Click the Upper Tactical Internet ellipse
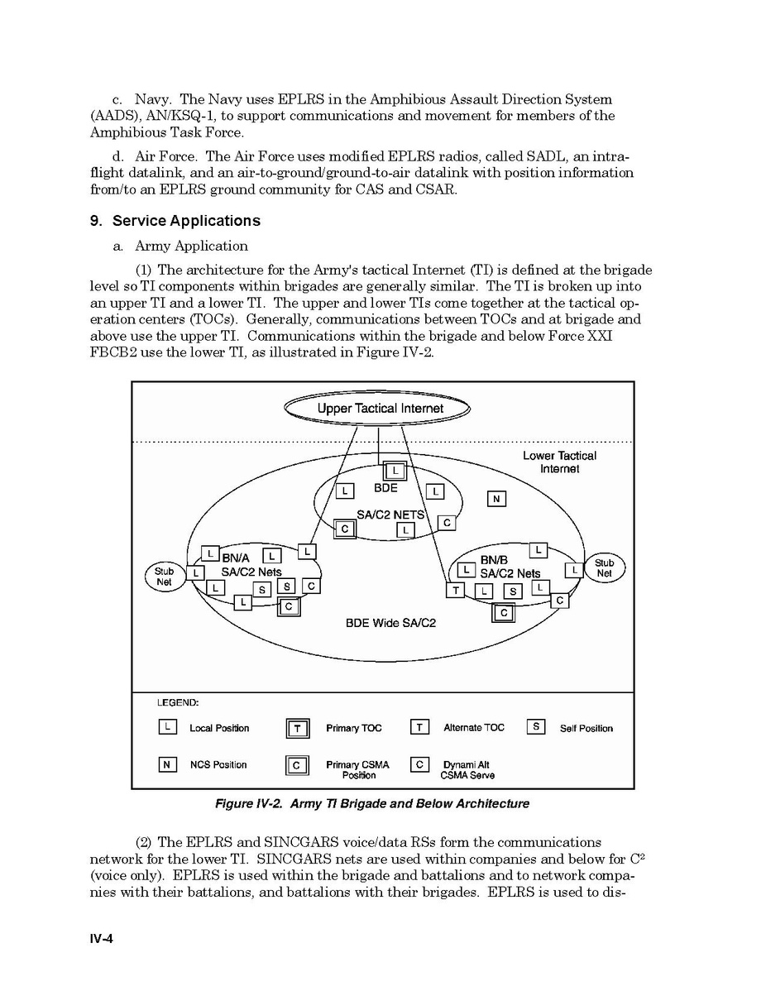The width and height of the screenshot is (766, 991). pos(377,408)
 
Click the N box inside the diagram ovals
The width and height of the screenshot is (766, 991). pos(496,499)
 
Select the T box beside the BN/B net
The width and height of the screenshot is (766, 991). pos(455,590)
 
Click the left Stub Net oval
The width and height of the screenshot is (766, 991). pos(164,576)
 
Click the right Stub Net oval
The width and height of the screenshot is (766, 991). pos(605,567)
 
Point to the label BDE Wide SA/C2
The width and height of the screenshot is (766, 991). pos(390,623)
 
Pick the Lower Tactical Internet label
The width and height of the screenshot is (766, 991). pos(559,462)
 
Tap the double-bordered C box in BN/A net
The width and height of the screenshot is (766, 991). pos(289,606)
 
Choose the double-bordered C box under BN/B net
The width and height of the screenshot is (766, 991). pos(503,613)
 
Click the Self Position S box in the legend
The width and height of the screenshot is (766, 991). pos(536,727)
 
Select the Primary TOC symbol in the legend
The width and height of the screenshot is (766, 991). pos(297,728)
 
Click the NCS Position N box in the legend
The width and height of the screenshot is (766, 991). pos(167,764)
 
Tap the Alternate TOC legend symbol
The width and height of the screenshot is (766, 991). pos(419,727)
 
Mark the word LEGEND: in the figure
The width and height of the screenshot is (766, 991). pos(178,702)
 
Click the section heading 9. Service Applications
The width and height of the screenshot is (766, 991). pos(175,221)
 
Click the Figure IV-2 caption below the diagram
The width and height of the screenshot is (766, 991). pos(371,803)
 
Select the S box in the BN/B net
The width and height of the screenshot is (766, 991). pos(513,591)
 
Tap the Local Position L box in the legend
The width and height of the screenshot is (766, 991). pos(167,727)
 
